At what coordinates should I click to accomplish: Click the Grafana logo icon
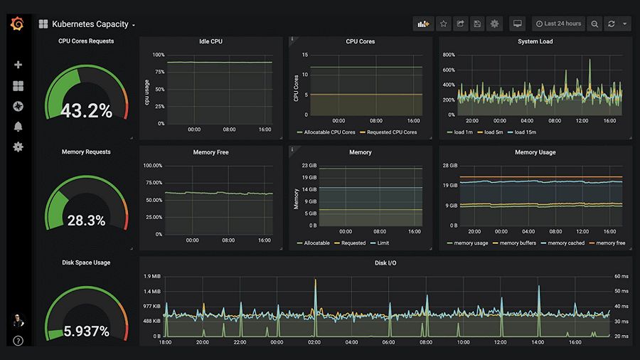click(x=18, y=24)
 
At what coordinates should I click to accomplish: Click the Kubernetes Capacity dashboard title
click(x=90, y=24)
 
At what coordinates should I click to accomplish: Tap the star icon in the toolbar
click(x=443, y=24)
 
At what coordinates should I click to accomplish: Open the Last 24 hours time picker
click(x=558, y=24)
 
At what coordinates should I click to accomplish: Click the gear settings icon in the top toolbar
click(x=494, y=24)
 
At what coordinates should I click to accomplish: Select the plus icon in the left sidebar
click(x=18, y=65)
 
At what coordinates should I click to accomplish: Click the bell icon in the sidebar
click(x=18, y=127)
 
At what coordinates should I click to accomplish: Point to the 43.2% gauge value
click(x=86, y=111)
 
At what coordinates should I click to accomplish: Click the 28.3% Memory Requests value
click(x=86, y=221)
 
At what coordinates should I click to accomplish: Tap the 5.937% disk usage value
click(x=86, y=331)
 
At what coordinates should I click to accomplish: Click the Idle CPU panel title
click(x=210, y=41)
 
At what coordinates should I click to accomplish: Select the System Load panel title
click(x=535, y=41)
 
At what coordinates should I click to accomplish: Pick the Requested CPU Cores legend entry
click(x=388, y=132)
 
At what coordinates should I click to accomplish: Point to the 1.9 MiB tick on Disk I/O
click(x=151, y=276)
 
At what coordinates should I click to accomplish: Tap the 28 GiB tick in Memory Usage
click(x=449, y=166)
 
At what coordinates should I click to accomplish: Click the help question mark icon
click(x=18, y=341)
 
